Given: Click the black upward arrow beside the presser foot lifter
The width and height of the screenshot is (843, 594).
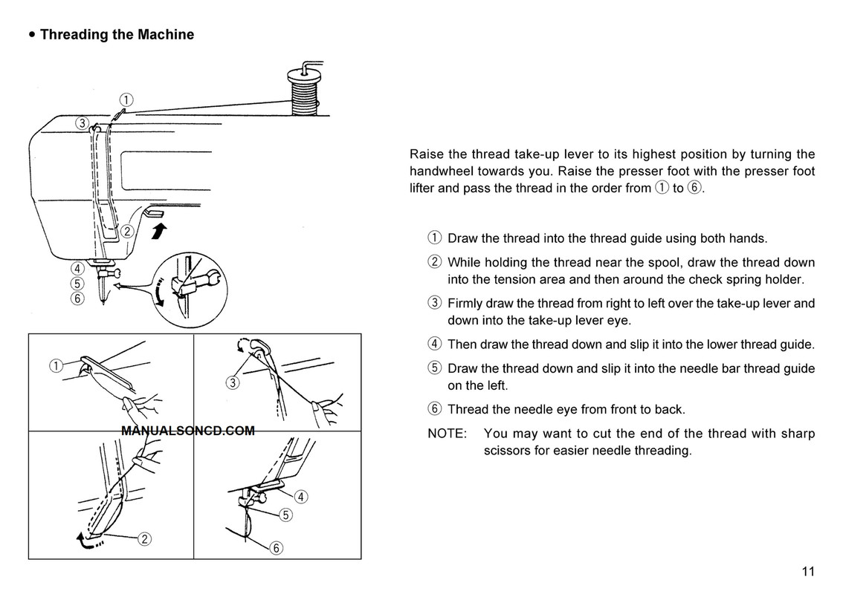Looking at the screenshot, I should (157, 232).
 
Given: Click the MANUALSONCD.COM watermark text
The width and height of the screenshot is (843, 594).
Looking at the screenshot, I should (187, 431).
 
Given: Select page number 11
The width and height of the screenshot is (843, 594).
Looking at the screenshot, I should (808, 571).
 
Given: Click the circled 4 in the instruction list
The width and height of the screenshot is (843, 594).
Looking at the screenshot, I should (435, 345).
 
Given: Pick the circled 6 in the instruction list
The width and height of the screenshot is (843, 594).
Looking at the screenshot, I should (435, 409).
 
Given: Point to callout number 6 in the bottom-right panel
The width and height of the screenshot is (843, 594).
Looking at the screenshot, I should (276, 549).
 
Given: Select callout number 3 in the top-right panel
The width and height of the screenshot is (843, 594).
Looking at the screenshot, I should (232, 383).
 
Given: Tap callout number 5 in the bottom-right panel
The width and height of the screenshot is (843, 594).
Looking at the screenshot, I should (286, 515).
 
